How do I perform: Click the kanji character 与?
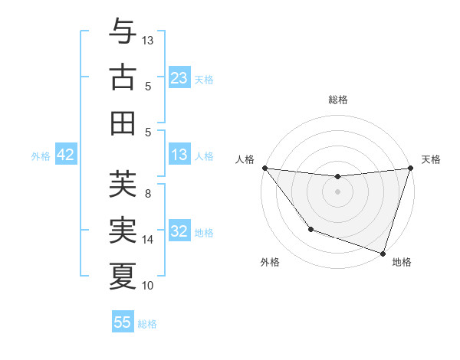click(123, 33)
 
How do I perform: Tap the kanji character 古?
click(123, 78)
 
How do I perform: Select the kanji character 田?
click(123, 123)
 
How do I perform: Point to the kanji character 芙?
click(123, 184)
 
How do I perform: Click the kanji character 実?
click(123, 230)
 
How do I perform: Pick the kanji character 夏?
click(123, 276)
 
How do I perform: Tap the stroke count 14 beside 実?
click(149, 240)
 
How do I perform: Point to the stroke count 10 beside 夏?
click(149, 286)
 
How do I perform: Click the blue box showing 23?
click(179, 78)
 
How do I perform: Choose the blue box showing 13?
click(179, 155)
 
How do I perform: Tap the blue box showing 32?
click(179, 231)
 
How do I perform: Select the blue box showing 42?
click(65, 155)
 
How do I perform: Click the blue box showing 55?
click(123, 322)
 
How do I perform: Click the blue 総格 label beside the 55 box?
click(147, 323)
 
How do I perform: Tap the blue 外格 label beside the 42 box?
click(41, 156)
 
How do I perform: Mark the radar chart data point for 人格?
click(264, 168)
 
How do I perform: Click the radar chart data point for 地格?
click(383, 253)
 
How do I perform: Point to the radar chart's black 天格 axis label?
click(431, 159)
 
